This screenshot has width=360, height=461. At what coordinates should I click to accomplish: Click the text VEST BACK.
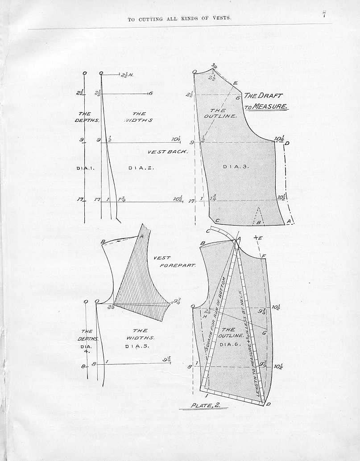(167, 152)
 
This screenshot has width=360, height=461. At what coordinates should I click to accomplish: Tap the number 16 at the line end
(150, 93)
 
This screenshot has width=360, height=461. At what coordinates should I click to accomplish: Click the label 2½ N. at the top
(127, 74)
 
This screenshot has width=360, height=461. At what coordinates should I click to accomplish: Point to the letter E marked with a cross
(260, 238)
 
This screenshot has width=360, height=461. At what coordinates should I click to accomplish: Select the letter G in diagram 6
(264, 333)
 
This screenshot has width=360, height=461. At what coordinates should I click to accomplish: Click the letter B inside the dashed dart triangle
(258, 222)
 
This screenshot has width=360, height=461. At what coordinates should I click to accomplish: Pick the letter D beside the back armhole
(287, 143)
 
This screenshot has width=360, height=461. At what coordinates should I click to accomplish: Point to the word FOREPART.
(178, 265)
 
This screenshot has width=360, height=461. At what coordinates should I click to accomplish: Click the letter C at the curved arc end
(208, 231)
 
